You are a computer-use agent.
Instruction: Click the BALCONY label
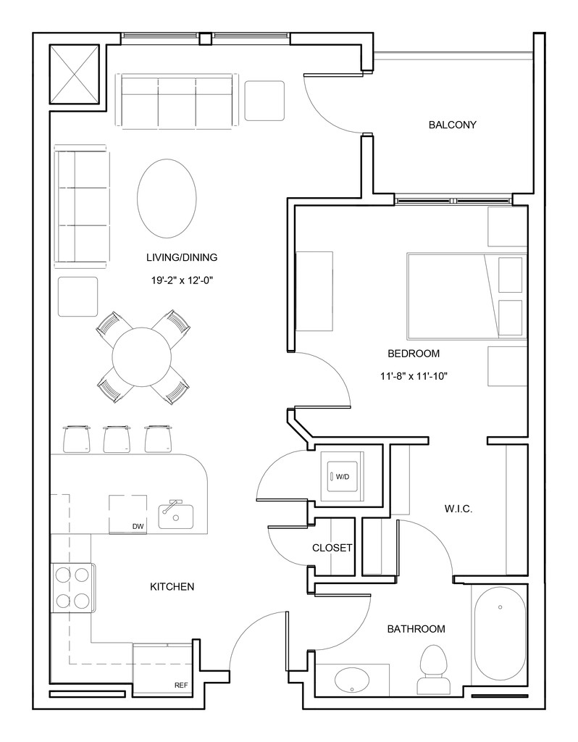(x=452, y=125)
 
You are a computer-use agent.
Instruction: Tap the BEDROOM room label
(x=414, y=354)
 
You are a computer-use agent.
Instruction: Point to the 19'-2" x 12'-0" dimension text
(x=182, y=280)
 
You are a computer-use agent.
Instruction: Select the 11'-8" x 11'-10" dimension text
(x=414, y=377)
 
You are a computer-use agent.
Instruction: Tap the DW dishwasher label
(x=138, y=526)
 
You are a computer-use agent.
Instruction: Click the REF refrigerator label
(x=181, y=685)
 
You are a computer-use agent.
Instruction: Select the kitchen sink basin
(x=175, y=516)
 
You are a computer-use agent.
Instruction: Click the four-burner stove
(x=73, y=588)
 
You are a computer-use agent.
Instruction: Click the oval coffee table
(x=167, y=199)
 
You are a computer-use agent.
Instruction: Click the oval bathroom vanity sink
(x=353, y=680)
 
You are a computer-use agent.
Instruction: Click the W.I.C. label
(x=458, y=509)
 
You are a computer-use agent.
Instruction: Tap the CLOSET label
(x=332, y=548)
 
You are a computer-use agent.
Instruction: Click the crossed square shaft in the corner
(x=75, y=74)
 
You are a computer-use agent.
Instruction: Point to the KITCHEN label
(x=172, y=587)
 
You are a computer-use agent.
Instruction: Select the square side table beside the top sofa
(x=264, y=101)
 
